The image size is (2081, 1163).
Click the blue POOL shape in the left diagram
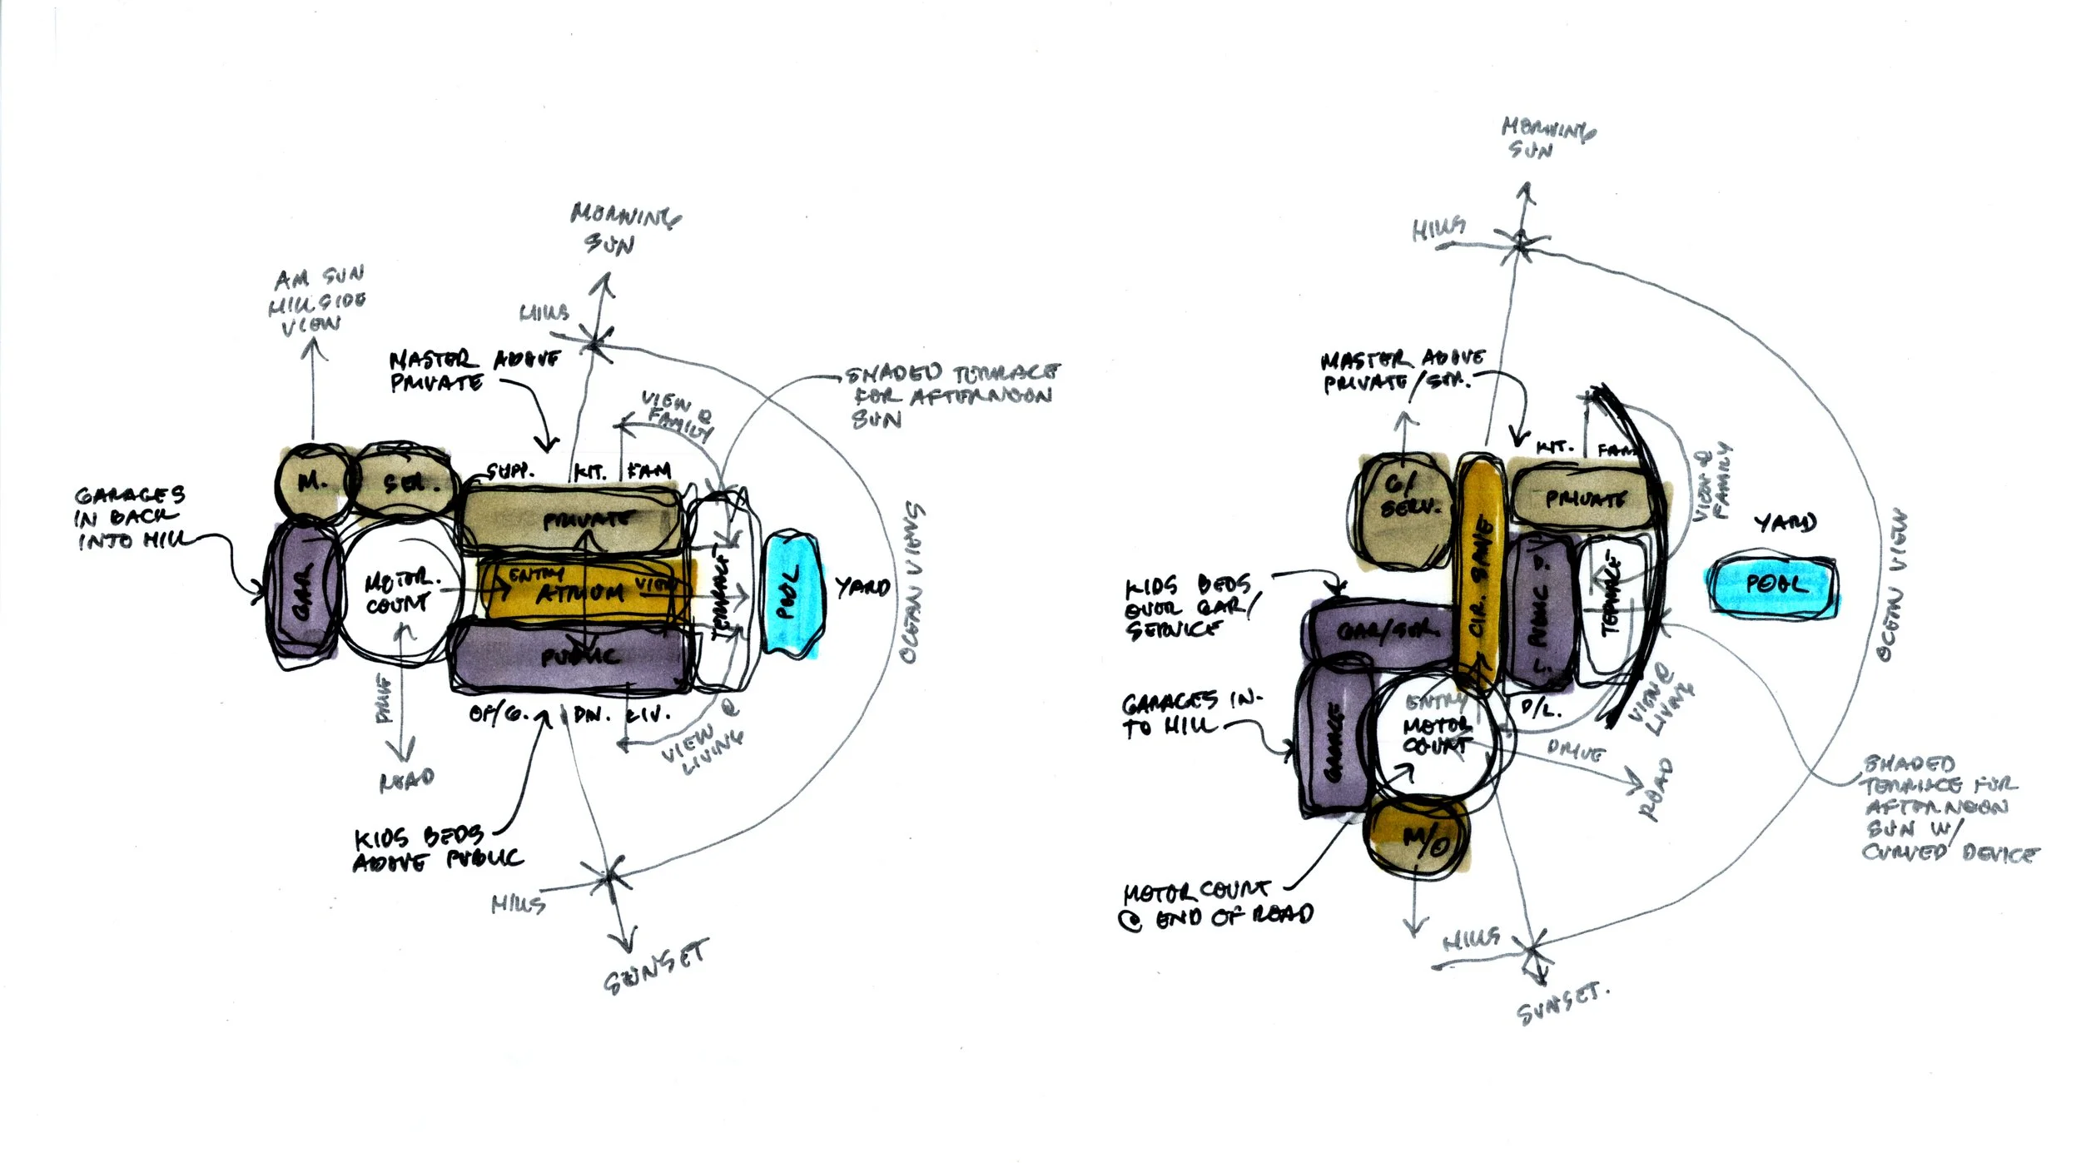click(x=792, y=594)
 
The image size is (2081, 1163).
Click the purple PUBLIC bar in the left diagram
click(x=574, y=658)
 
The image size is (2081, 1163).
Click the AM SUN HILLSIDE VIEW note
click(x=316, y=301)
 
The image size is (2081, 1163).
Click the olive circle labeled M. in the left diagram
click(x=311, y=482)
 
